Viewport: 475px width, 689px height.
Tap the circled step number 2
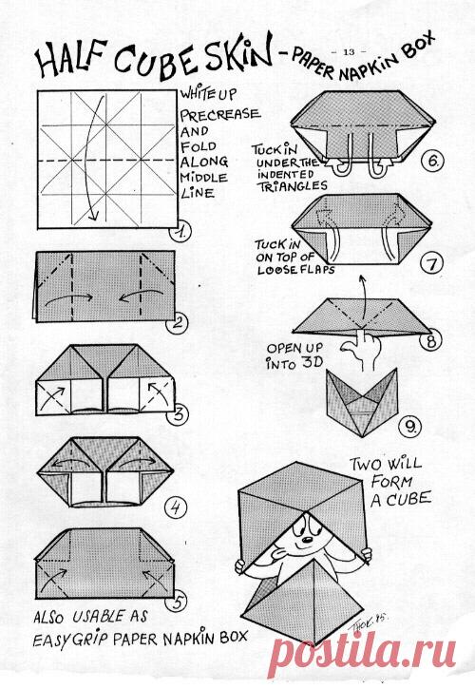(177, 324)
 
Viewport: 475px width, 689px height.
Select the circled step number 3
(178, 414)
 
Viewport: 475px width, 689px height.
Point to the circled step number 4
(176, 508)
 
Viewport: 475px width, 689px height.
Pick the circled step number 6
(433, 162)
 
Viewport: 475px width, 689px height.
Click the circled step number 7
(432, 264)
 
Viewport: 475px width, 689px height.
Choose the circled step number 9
(410, 427)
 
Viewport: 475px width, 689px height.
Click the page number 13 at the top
(348, 52)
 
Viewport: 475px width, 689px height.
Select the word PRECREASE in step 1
(219, 115)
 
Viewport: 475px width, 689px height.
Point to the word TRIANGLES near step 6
(292, 186)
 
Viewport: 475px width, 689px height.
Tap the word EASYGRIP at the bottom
(70, 638)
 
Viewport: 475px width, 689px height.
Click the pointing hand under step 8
(360, 350)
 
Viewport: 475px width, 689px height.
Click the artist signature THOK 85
(369, 622)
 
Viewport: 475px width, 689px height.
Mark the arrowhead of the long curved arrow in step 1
(92, 215)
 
